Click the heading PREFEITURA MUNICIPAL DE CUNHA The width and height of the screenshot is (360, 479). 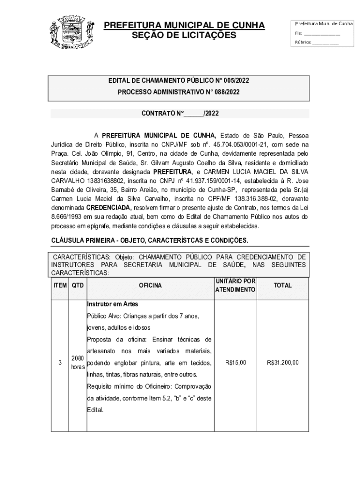(x=184, y=25)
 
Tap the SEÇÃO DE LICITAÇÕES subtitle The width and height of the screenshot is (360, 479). (x=184, y=36)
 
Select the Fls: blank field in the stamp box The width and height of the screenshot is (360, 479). (x=322, y=34)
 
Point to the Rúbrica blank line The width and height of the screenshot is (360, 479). (x=325, y=43)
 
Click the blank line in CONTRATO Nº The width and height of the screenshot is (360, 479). (x=194, y=114)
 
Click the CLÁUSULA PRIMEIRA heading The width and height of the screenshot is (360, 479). (x=150, y=240)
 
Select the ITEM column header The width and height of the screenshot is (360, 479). (x=60, y=285)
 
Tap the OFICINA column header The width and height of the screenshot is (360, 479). (x=150, y=285)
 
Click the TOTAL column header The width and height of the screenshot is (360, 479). (x=282, y=285)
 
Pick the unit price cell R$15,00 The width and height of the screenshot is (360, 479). (x=235, y=363)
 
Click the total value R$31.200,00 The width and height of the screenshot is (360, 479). (x=282, y=363)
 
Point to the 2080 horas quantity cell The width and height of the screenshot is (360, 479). (x=78, y=363)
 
